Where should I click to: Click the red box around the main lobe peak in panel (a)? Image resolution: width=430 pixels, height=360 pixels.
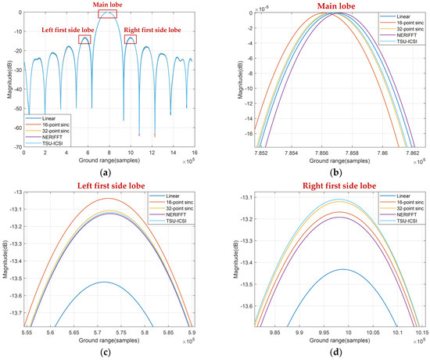pos(108,15)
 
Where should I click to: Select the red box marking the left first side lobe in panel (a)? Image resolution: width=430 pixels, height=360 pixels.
pos(84,39)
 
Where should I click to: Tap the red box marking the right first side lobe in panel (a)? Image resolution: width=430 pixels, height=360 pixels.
pos(130,39)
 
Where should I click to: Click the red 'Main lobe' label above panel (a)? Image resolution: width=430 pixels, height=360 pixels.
pos(108,5)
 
